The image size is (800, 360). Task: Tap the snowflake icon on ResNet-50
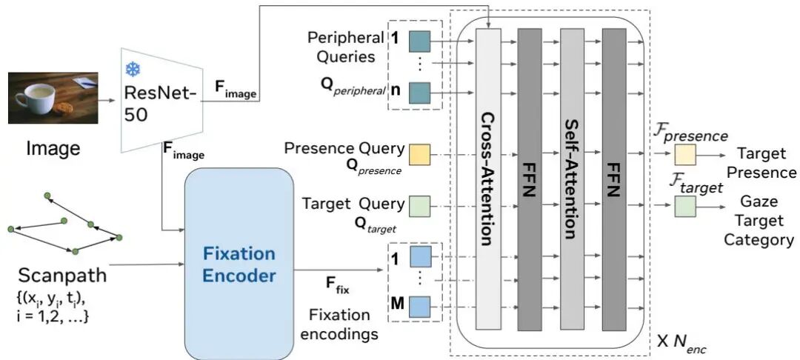click(133, 69)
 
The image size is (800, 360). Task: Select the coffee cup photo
click(53, 98)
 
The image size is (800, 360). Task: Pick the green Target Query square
click(419, 204)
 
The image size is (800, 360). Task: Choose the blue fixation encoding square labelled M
click(419, 305)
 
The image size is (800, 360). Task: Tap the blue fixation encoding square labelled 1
click(419, 257)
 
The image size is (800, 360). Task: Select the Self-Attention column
click(570, 178)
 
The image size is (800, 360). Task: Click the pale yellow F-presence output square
click(684, 155)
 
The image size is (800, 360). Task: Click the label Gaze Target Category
click(759, 221)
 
